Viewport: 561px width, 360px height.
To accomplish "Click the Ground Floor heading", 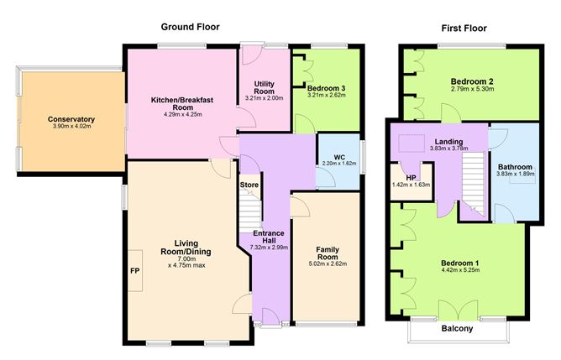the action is (190, 27).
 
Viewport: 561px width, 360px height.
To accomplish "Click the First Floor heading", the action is (464, 29).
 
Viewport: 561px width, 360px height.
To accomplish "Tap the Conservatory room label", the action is (71, 119).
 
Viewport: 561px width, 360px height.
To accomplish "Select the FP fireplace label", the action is (135, 271).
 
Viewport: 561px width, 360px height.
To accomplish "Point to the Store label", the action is (249, 185).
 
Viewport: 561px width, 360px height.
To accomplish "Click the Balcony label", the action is (457, 329).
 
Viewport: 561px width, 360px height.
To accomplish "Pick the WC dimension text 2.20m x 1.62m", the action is (339, 164).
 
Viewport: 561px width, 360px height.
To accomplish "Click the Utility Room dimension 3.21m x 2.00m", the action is (264, 98).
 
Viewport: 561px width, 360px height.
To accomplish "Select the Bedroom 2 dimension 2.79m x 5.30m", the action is (472, 89).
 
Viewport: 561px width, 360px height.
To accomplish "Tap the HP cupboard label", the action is (411, 178).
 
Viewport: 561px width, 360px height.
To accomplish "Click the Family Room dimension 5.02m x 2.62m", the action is (328, 263).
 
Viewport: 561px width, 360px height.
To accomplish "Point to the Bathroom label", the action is (515, 167).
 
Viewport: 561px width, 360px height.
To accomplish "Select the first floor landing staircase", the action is (473, 185).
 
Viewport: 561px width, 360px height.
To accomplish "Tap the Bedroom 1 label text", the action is (460, 263).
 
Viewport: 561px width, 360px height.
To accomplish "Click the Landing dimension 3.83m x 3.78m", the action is (448, 149).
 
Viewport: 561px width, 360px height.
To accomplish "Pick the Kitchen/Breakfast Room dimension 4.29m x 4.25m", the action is (182, 114).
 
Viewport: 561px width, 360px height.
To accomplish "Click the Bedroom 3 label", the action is (327, 88).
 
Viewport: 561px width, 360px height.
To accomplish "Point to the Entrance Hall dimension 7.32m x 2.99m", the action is (269, 247).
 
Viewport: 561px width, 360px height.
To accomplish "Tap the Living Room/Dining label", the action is (186, 248).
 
